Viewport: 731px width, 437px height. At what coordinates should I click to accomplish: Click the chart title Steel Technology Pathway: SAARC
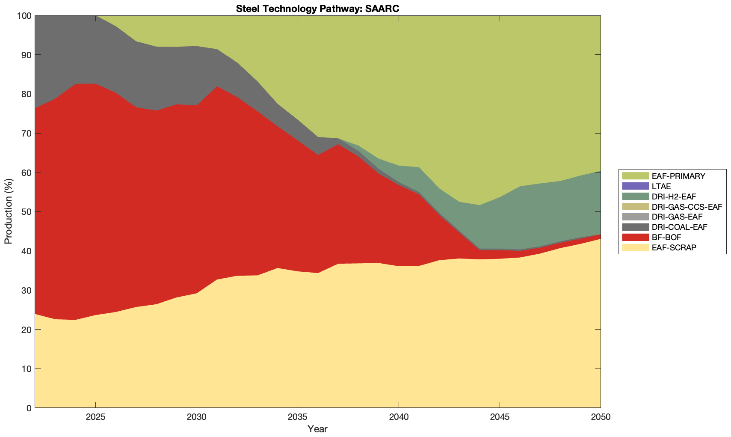pyautogui.click(x=317, y=8)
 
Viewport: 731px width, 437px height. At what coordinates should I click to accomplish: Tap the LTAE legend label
pyautogui.click(x=661, y=186)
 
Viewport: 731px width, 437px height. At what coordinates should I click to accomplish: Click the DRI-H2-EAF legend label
pyautogui.click(x=674, y=196)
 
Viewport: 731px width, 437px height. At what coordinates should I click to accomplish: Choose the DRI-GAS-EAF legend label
pyautogui.click(x=677, y=217)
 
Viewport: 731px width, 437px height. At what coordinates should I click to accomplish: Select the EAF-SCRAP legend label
pyautogui.click(x=674, y=247)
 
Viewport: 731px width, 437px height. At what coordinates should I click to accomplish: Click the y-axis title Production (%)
pyautogui.click(x=8, y=211)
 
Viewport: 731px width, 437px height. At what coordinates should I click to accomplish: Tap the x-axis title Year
pyautogui.click(x=317, y=429)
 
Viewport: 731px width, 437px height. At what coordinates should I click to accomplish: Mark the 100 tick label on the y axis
pyautogui.click(x=24, y=16)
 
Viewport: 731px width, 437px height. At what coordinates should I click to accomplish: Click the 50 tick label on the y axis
pyautogui.click(x=26, y=212)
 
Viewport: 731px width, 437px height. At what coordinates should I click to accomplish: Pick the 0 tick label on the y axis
pyautogui.click(x=29, y=408)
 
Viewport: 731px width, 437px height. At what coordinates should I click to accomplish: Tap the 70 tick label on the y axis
pyautogui.click(x=26, y=134)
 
